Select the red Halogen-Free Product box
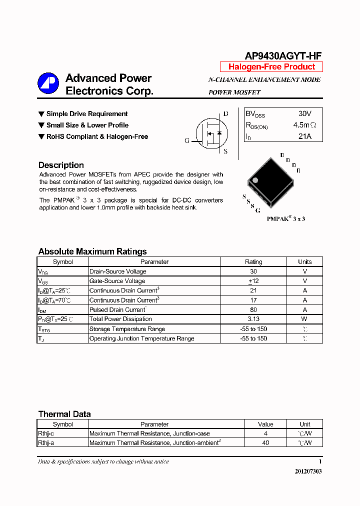(271, 67)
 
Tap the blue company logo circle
(48, 83)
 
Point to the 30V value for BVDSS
(304, 114)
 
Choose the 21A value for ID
(304, 136)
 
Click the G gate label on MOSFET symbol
(187, 140)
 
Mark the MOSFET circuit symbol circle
(211, 133)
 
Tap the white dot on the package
(254, 180)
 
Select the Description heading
(61, 165)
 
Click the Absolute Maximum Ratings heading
(92, 251)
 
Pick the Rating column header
(253, 261)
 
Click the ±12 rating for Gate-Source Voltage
(253, 281)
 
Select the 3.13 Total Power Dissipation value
(253, 319)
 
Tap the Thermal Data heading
(64, 414)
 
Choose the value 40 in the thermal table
(265, 443)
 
